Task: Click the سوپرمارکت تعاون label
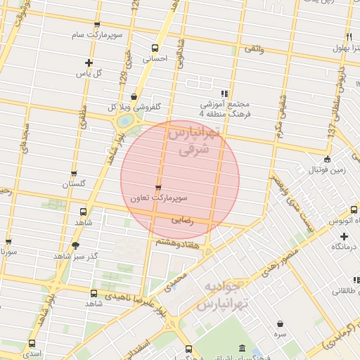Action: [x=162, y=198]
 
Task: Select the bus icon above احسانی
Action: [x=155, y=48]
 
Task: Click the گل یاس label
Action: [x=89, y=73]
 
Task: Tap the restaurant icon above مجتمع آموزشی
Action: [x=224, y=94]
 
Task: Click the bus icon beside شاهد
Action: [x=84, y=211]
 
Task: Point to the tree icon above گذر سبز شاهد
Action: [x=75, y=245]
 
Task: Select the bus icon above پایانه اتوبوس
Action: [x=345, y=207]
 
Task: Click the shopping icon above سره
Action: [x=281, y=324]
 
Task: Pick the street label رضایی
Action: [x=182, y=220]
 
